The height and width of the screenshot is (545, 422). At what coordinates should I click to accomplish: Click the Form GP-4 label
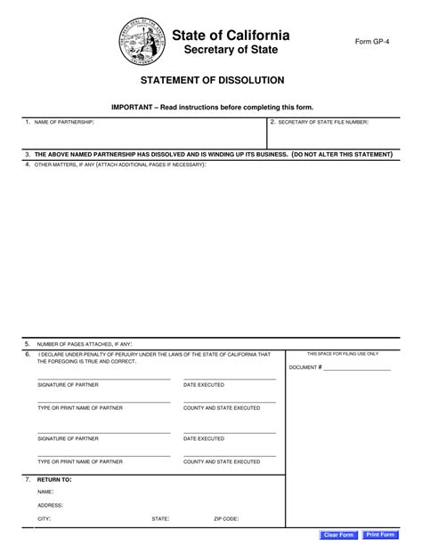tap(372, 42)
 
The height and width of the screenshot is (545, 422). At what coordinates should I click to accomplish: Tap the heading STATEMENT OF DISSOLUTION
tap(210, 79)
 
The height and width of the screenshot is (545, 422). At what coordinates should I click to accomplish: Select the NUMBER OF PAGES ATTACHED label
tap(83, 343)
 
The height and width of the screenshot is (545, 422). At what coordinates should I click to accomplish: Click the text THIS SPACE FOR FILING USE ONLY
tap(342, 354)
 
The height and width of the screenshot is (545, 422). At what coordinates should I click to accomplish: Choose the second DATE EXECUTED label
tap(203, 438)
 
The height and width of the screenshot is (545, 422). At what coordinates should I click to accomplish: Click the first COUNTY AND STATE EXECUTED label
tap(221, 407)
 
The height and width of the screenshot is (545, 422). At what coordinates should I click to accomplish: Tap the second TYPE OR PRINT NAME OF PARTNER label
tap(79, 461)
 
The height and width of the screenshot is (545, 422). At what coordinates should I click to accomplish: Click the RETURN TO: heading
tap(54, 478)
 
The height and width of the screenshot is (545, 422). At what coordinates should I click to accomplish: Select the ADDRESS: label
tap(49, 504)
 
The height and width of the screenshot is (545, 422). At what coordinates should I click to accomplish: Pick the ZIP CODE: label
tap(225, 517)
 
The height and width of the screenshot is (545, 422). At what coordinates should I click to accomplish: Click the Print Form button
tap(385, 534)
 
